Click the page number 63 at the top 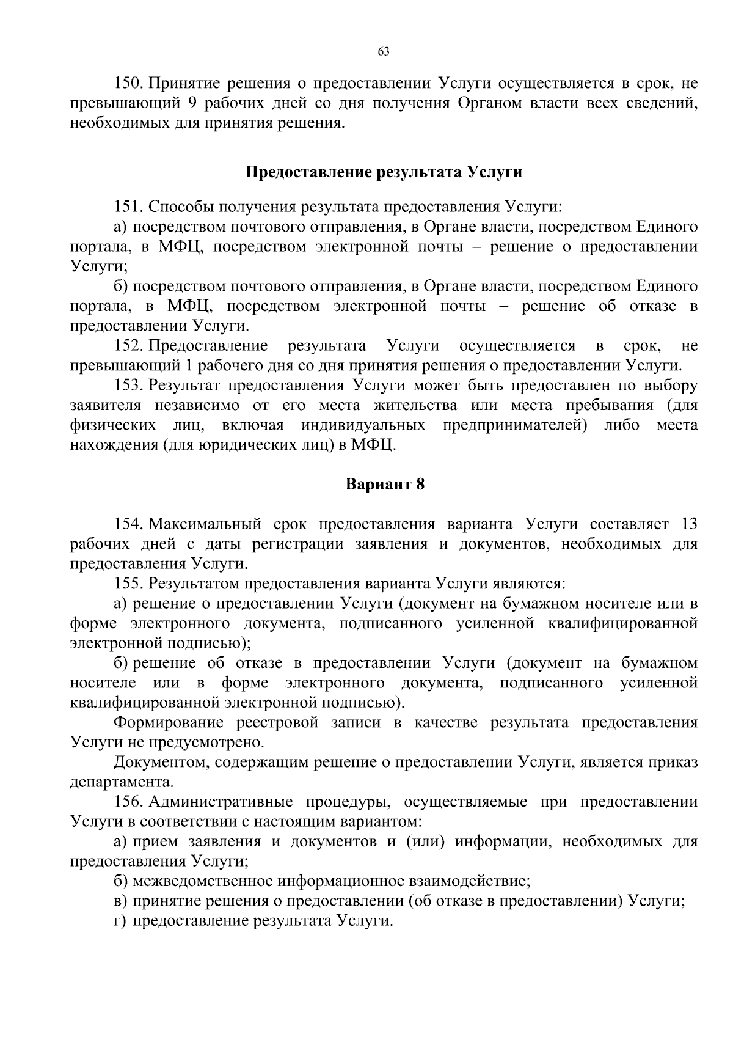384,51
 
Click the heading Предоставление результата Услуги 384,172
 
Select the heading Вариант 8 385,484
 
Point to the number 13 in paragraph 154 688,524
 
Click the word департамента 122,782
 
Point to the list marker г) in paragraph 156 120,921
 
